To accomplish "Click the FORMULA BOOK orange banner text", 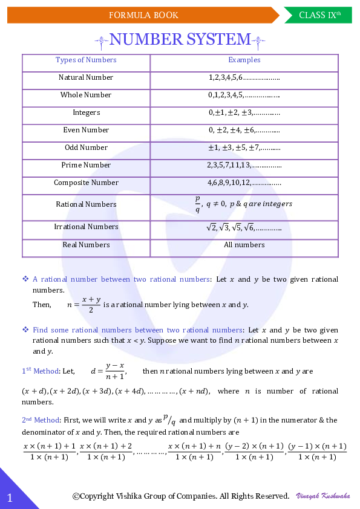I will pyautogui.click(x=143, y=15).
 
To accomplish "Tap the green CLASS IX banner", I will pyautogui.click(x=320, y=15).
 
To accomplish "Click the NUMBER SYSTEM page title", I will pyautogui.click(x=180, y=40).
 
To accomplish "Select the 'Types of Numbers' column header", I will pyautogui.click(x=86, y=60).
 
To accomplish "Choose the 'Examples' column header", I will pyautogui.click(x=244, y=60).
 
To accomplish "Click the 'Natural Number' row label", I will pyautogui.click(x=86, y=77).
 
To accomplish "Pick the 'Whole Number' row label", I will pyautogui.click(x=86, y=95).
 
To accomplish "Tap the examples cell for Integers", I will pyautogui.click(x=244, y=112).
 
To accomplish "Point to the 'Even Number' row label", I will pyautogui.click(x=86, y=130).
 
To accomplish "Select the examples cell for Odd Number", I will pyautogui.click(x=244, y=148).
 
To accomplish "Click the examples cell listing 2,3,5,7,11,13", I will pyautogui.click(x=244, y=165).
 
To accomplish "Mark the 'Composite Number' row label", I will pyautogui.click(x=86, y=183).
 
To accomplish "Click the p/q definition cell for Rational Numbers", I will pyautogui.click(x=244, y=204).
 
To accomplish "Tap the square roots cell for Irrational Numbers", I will pyautogui.click(x=244, y=227).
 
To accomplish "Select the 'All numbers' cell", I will pyautogui.click(x=244, y=245).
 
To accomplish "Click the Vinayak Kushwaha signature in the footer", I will pyautogui.click(x=322, y=496).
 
